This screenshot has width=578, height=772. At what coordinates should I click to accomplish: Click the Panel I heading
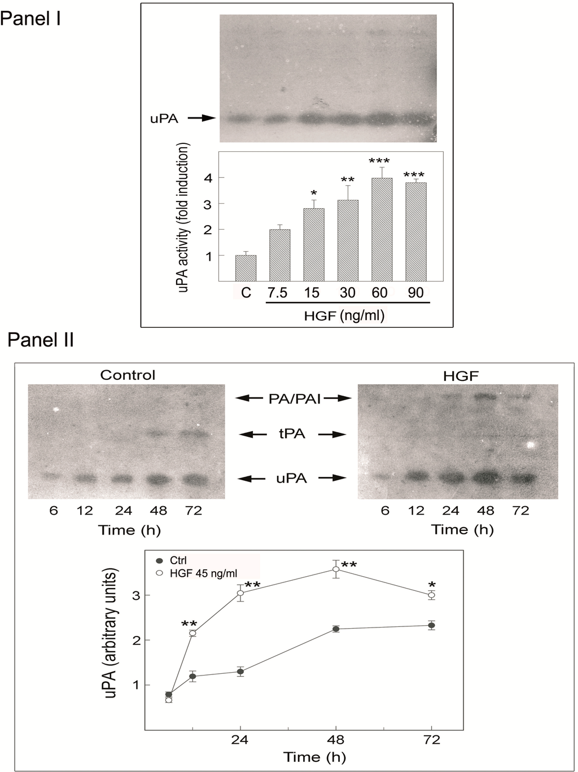coord(30,18)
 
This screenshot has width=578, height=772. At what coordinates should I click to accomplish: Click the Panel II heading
coord(41,340)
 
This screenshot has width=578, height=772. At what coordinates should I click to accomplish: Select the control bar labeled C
coord(246,268)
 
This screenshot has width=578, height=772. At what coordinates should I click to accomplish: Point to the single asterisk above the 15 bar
coord(314,194)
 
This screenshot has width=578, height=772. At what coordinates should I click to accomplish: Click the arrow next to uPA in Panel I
coord(202,118)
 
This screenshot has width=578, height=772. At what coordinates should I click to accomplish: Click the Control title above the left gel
coord(128,375)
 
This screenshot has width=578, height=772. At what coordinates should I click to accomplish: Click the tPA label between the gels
coord(292,434)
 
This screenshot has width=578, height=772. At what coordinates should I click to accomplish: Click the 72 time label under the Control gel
coord(192,511)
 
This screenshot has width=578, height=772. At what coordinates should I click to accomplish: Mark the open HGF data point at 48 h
coord(336,569)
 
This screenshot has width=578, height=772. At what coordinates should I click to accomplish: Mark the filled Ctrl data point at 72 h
coord(432,625)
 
